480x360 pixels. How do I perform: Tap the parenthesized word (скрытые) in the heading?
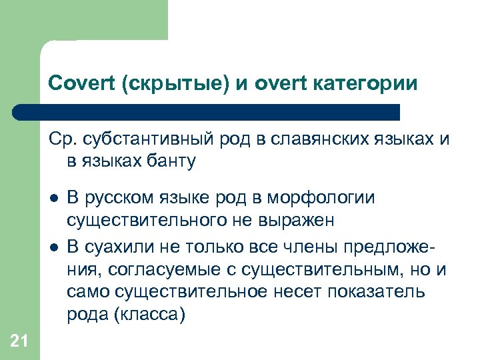pos(165,84)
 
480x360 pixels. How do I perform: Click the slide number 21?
pos(19,342)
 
